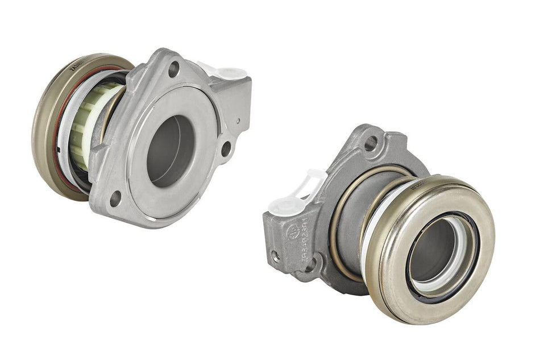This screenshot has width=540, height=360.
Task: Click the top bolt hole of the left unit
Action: tap(174, 69)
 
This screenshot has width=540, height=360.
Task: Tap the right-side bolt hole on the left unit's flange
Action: tap(226, 149)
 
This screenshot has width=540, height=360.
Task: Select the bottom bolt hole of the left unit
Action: tap(115, 199)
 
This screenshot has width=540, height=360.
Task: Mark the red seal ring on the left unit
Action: tap(56, 136)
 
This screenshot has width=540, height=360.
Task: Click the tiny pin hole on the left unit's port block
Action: tap(239, 121)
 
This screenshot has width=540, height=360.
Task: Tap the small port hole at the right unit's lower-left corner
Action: tap(276, 256)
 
